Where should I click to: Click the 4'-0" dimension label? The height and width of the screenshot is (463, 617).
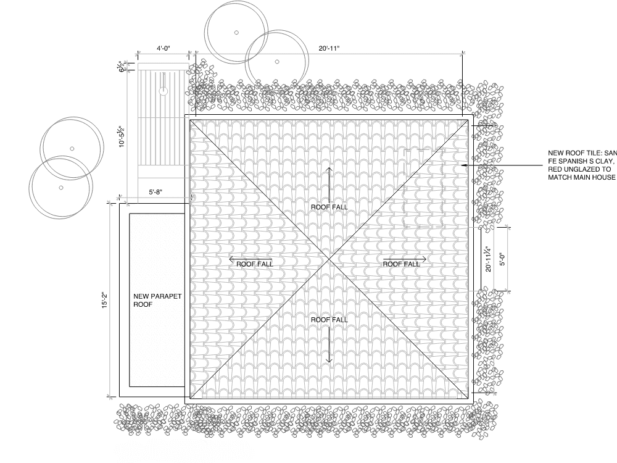pos(164,48)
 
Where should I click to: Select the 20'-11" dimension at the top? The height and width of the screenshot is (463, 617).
pos(329,48)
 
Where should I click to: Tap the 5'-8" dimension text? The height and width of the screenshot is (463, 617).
pos(155,192)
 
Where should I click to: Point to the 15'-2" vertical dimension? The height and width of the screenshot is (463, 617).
pos(105,300)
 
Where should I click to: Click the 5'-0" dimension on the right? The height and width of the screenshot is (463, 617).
pos(502,259)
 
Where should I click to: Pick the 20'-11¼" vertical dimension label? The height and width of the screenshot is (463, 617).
pos(488,259)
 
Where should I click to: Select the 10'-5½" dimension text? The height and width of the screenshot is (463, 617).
pos(122,136)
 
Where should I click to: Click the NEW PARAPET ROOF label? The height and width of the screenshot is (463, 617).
pos(157,300)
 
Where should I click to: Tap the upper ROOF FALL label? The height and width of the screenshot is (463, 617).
pos(329,207)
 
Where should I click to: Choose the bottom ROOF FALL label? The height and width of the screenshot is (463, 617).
pos(329,320)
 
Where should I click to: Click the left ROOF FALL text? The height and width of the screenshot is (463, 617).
pos(255,264)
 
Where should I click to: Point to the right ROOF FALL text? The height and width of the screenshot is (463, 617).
pos(402,264)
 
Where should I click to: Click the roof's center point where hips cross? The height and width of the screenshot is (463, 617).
pos(329,259)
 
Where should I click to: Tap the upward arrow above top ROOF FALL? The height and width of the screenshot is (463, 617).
pos(329,185)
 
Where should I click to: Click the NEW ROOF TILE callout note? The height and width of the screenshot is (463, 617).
pos(582,165)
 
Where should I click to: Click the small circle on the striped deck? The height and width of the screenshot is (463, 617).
pos(164,91)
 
